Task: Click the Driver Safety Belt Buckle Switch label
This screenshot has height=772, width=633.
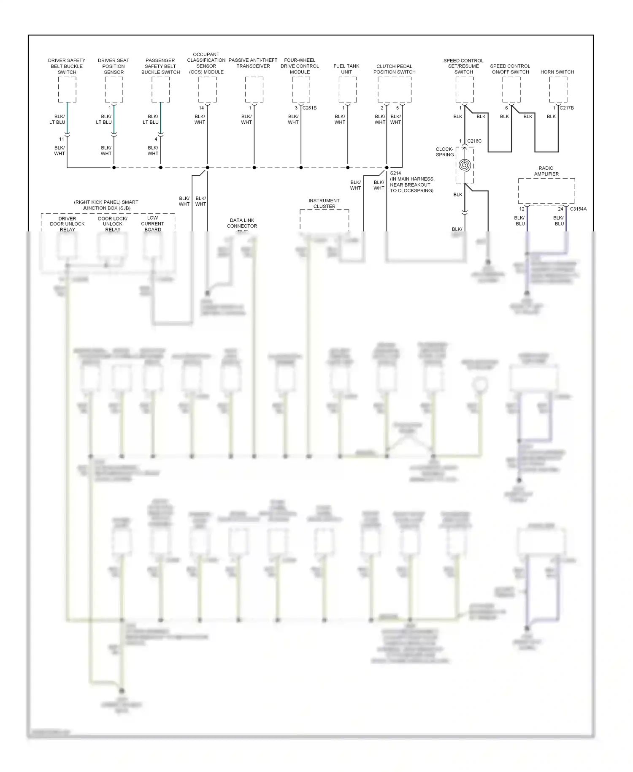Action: pos(67,66)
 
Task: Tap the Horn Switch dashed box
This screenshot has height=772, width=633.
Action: pos(558,90)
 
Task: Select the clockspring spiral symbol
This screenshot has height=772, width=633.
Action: pos(465,165)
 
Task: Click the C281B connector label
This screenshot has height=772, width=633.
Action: pos(309,108)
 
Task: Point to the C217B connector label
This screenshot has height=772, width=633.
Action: pos(566,108)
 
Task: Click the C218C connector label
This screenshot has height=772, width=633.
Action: pos(474,141)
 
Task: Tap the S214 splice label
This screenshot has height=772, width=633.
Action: pos(395,173)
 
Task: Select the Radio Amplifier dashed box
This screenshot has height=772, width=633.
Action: pos(546,191)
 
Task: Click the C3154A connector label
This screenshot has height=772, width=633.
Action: pos(578,209)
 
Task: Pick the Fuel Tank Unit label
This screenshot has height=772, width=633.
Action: pos(346,69)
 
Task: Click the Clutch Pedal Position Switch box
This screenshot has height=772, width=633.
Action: pos(394,90)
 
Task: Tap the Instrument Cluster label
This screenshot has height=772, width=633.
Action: pos(324,204)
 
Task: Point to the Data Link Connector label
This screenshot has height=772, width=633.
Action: pos(242,223)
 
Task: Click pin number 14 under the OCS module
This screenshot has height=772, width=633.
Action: pos(201,108)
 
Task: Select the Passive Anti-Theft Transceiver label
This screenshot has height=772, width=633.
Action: pos(253,63)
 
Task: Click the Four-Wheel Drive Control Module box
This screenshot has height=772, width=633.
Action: pos(301,90)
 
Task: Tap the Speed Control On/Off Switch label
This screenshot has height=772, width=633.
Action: pos(510,69)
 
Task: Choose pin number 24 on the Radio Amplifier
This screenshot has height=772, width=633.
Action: pos(560,209)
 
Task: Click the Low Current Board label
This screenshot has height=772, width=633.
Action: pos(152,224)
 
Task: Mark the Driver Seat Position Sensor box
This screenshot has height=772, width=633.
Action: pos(114,90)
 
